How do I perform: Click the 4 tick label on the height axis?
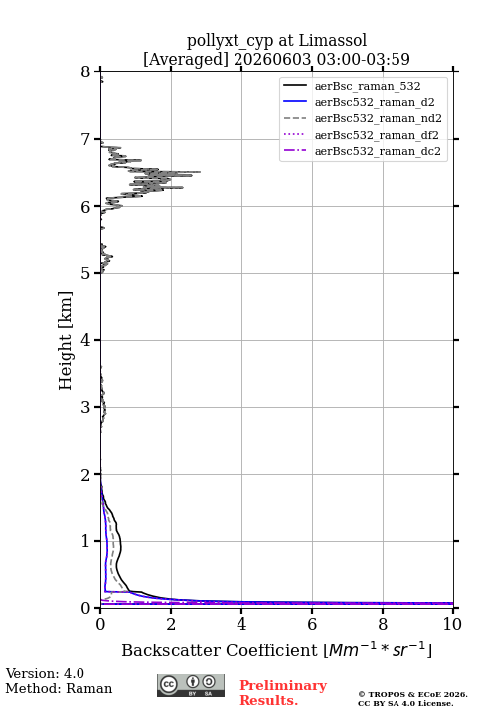pyautogui.click(x=86, y=340)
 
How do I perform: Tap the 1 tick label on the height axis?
pyautogui.click(x=86, y=541)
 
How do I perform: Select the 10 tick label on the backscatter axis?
pyautogui.click(x=452, y=624)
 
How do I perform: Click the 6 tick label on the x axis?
pyautogui.click(x=312, y=624)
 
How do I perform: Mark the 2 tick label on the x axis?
pyautogui.click(x=171, y=624)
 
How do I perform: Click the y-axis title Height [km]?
pyautogui.click(x=66, y=341)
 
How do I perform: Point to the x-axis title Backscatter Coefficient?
pyautogui.click(x=220, y=650)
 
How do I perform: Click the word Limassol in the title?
pyautogui.click(x=333, y=41)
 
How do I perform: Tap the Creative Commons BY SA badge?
pyautogui.click(x=191, y=686)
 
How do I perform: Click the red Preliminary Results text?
pyautogui.click(x=283, y=693)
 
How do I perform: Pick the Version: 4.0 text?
pyautogui.click(x=45, y=673)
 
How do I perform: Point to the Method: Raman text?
pyautogui.click(x=59, y=688)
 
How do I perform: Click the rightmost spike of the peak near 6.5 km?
pyautogui.click(x=199, y=172)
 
